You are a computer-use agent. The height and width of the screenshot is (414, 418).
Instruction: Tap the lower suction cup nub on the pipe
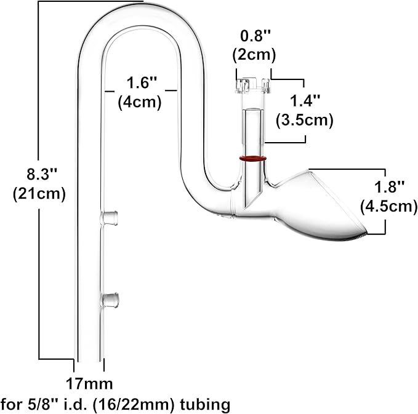point(110,300)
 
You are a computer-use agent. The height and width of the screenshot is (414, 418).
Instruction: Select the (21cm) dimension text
point(39,194)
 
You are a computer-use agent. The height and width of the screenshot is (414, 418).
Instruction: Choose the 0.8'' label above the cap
point(254,36)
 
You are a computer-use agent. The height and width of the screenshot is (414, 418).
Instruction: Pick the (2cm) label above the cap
point(254,54)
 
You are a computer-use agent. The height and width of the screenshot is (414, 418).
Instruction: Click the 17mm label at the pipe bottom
point(90,384)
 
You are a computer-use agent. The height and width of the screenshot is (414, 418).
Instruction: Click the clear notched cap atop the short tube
point(252,86)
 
